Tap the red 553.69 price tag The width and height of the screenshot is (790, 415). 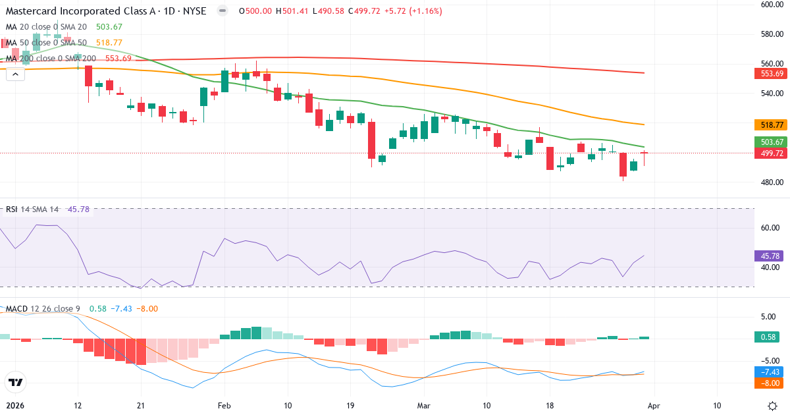point(770,73)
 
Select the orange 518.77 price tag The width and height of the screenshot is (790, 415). point(770,124)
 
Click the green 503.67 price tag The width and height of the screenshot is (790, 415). point(770,142)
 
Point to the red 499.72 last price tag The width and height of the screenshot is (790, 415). point(770,153)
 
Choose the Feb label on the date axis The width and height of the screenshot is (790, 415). point(224,405)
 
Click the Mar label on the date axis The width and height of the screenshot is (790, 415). point(423,405)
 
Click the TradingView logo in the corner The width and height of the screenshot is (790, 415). point(16,382)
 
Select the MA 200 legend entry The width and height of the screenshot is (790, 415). point(51,58)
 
